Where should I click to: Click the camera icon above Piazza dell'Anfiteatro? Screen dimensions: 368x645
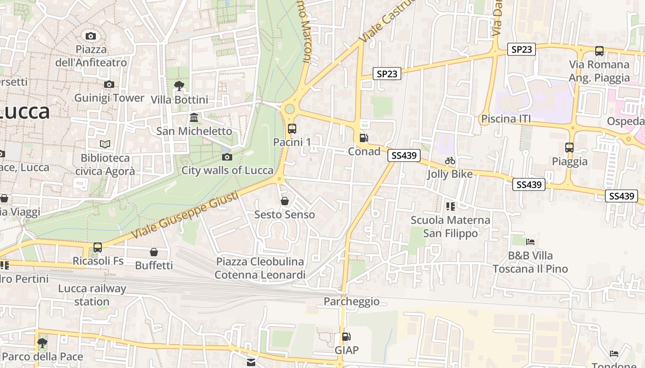click(91, 36)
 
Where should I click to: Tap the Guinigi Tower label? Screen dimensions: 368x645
click(109, 98)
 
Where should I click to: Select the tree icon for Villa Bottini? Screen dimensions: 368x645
click(179, 86)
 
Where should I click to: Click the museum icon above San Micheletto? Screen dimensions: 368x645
click(194, 118)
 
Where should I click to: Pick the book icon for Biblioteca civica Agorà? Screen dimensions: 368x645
click(105, 144)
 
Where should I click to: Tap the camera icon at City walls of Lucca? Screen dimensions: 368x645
click(227, 157)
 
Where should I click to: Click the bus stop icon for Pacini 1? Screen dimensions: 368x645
click(292, 129)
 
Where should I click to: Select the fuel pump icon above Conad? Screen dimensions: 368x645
click(364, 138)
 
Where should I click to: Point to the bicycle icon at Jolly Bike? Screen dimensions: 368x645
click(450, 161)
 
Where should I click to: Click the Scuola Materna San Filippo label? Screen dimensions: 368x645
click(450, 227)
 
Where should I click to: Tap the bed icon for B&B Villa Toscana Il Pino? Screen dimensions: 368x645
click(530, 242)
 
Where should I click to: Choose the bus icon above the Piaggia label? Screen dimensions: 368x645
click(569, 148)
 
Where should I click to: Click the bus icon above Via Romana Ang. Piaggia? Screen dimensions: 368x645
click(599, 51)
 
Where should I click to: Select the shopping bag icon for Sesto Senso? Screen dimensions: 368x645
click(285, 201)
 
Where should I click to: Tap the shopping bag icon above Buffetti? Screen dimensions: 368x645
click(154, 252)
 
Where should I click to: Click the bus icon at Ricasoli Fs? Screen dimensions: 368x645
click(98, 247)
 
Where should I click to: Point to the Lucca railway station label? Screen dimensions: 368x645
click(92, 295)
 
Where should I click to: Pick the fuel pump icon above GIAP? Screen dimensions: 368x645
click(346, 337)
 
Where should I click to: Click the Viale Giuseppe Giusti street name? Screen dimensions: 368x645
click(185, 215)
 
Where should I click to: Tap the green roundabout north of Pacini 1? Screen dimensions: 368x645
click(289, 109)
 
